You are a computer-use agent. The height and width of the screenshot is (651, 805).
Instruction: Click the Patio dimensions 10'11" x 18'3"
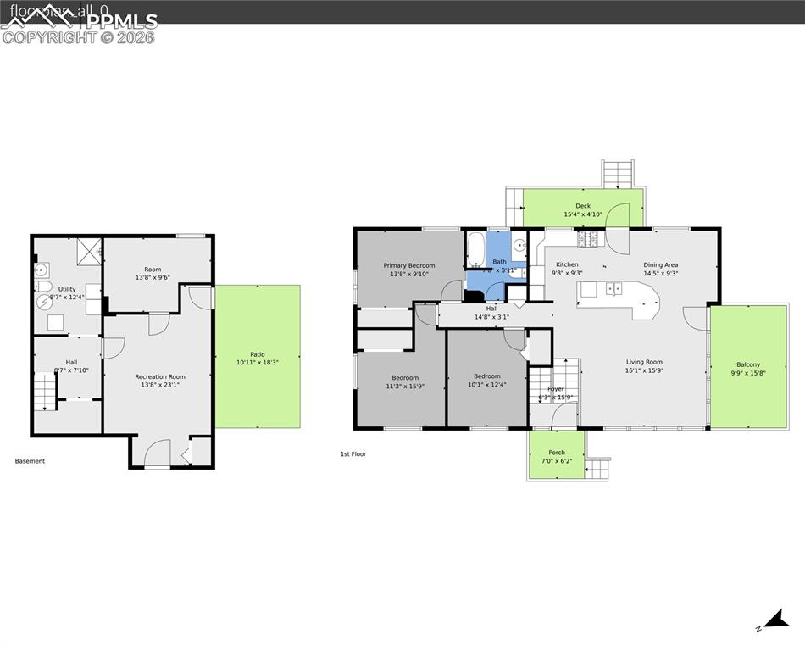pos(257,362)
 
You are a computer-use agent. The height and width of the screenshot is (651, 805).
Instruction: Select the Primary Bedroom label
pos(408,265)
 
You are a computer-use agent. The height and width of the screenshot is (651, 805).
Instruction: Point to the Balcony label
pos(748,364)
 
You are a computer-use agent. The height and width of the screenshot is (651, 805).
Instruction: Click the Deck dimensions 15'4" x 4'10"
pos(583,214)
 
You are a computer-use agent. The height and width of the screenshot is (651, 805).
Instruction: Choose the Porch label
pos(557,453)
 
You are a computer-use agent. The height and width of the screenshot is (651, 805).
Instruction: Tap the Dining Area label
pos(660,264)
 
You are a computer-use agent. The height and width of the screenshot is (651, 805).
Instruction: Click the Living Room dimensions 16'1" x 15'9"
pos(644,370)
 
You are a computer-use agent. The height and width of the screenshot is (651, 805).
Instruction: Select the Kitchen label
pos(567,264)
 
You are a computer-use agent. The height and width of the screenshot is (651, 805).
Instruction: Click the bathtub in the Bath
pos(475,249)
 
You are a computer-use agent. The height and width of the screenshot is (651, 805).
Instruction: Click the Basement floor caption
pos(30,461)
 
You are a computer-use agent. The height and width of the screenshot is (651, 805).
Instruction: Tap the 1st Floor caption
pos(353,454)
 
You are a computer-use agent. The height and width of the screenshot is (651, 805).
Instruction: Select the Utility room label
pos(67,289)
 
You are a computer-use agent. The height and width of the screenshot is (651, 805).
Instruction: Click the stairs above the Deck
pos(618,174)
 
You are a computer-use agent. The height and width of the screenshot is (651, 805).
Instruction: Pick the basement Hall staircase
pos(45,392)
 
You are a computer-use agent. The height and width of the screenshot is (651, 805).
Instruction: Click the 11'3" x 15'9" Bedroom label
pos(405,377)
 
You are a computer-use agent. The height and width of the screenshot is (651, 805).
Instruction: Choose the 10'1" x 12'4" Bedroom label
pos(487,376)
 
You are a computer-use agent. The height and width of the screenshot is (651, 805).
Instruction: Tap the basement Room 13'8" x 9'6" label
pos(153,270)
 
